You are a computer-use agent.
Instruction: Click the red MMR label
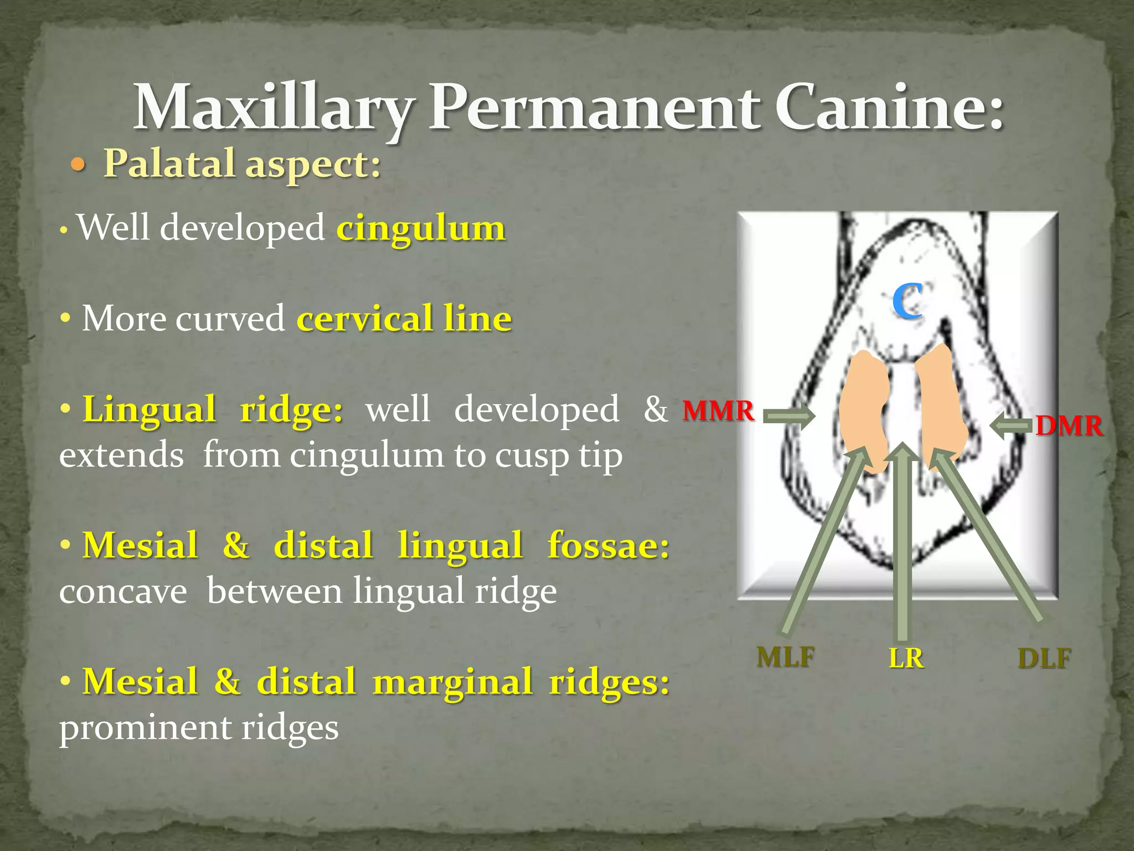pos(718,411)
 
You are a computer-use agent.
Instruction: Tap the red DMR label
pos(1069,427)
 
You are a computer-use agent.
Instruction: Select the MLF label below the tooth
pos(785,658)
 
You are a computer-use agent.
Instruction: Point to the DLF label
pos(1044,659)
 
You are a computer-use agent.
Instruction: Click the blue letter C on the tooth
pos(907,300)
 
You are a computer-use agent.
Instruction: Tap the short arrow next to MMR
pos(788,416)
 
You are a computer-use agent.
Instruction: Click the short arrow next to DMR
pos(1011,427)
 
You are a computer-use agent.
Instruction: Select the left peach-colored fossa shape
pos(864,410)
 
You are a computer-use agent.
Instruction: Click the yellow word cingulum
pos(421,228)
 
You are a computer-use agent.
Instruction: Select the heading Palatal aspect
pos(243,165)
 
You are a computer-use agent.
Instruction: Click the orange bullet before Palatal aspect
pos(79,165)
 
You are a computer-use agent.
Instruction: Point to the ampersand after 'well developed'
pos(656,410)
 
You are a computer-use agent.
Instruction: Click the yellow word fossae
pos(608,546)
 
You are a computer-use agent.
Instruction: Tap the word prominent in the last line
pos(146,728)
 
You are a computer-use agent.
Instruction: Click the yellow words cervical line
pos(404,319)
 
